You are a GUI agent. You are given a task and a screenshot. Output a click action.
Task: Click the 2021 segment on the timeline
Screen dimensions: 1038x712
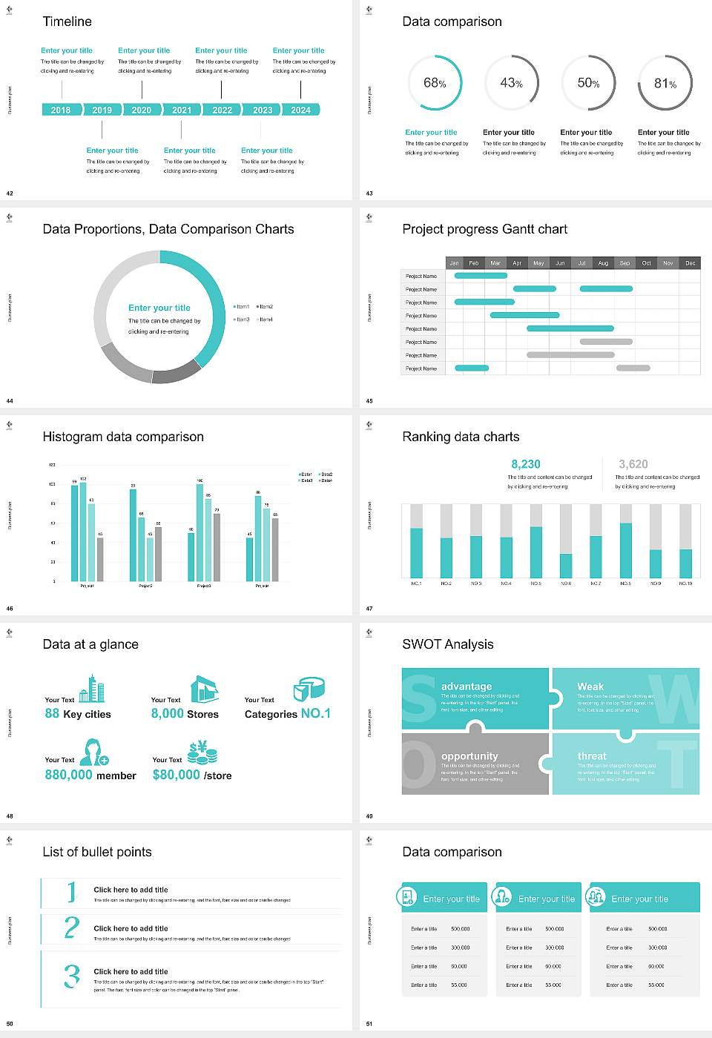point(182,110)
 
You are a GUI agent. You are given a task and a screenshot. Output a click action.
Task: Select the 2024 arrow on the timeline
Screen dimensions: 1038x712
point(301,110)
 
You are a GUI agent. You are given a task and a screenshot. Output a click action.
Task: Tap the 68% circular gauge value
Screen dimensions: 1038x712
point(435,83)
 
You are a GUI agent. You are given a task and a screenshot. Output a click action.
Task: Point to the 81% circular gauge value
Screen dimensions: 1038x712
point(665,84)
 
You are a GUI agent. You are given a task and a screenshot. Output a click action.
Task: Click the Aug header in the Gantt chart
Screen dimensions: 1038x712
point(603,263)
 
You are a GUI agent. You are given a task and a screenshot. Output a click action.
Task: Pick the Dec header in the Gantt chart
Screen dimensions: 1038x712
point(690,263)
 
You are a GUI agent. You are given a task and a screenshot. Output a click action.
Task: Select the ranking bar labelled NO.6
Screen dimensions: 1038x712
point(566,565)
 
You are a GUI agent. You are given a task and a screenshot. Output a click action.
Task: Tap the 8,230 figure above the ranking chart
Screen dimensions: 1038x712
point(526,464)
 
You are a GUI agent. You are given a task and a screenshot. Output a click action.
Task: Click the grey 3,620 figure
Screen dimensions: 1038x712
point(633,464)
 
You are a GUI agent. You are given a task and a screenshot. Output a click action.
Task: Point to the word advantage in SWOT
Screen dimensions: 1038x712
point(467,687)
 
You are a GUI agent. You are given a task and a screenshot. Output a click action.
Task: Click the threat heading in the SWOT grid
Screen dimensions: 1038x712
point(592,756)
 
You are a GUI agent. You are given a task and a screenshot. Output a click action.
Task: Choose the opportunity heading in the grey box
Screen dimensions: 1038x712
point(469,756)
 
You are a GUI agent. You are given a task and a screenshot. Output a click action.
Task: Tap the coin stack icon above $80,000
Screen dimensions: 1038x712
point(202,753)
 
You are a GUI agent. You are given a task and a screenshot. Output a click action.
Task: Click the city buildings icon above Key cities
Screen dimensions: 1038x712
point(92,689)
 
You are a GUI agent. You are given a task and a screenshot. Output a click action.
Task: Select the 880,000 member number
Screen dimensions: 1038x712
point(69,775)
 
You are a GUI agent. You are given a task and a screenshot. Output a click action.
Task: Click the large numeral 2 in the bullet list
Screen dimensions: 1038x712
point(72,928)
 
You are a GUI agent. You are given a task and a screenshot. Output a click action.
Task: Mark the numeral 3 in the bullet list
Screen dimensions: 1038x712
point(72,976)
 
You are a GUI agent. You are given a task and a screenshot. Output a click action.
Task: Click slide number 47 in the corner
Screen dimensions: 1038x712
point(369,609)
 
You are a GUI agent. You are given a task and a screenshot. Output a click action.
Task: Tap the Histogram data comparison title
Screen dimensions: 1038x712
point(123,437)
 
